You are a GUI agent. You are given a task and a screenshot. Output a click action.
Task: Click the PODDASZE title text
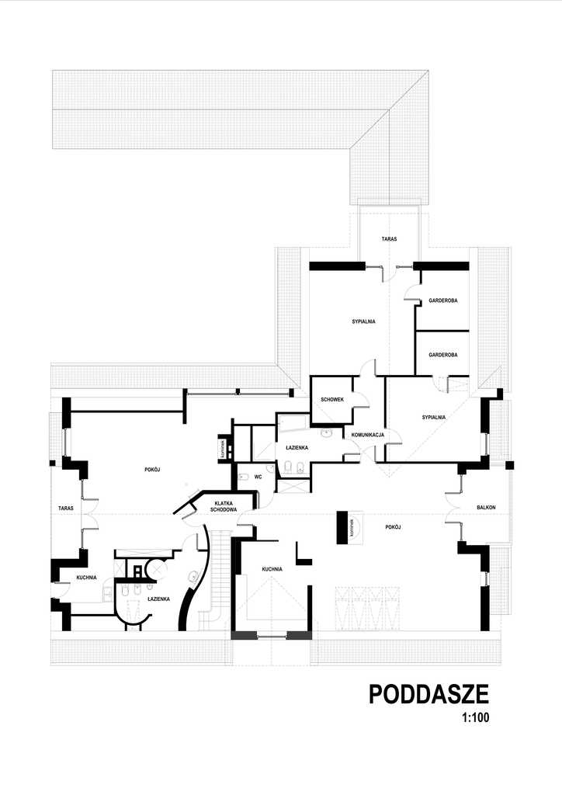click(x=428, y=694)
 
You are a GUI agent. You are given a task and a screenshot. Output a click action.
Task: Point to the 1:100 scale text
click(x=474, y=718)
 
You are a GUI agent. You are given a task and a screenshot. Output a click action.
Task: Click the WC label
click(x=258, y=477)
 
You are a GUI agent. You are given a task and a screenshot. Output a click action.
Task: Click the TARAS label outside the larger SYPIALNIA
click(x=389, y=239)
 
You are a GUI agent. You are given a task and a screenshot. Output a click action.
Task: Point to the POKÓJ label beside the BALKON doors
click(x=392, y=526)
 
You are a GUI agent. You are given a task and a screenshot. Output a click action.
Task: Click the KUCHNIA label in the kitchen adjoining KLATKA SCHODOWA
click(x=272, y=569)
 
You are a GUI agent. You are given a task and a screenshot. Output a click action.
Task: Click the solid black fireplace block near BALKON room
click(x=342, y=528)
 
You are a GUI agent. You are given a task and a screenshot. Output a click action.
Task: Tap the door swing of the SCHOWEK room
click(x=359, y=398)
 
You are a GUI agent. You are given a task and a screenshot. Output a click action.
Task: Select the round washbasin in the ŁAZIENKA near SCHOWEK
click(x=327, y=431)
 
